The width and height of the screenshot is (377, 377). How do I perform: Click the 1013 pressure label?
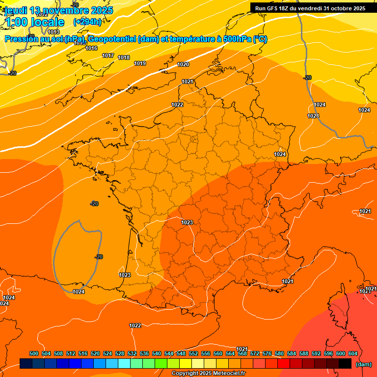point(54,32)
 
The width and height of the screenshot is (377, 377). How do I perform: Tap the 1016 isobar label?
point(91,48)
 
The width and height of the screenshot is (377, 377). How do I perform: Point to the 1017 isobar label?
point(108,55)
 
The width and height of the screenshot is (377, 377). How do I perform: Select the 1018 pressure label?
point(124,58)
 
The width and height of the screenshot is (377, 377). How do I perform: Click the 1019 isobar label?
point(140,63)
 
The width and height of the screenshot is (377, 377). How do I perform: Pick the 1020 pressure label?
point(183,65)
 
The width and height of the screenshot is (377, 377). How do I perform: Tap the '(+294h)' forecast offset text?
point(87,22)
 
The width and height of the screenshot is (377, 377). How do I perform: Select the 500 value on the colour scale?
point(34,353)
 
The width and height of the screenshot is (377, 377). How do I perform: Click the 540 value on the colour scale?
point(157,353)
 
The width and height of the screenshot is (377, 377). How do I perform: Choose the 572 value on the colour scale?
point(255,353)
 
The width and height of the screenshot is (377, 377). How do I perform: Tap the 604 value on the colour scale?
point(353,353)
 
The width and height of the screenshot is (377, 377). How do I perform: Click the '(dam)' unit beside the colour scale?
point(363,364)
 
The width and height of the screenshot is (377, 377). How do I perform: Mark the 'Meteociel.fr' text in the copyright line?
point(229,374)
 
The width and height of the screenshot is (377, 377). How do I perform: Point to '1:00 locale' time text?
point(34,22)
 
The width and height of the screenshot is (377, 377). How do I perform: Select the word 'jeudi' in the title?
point(15,10)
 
